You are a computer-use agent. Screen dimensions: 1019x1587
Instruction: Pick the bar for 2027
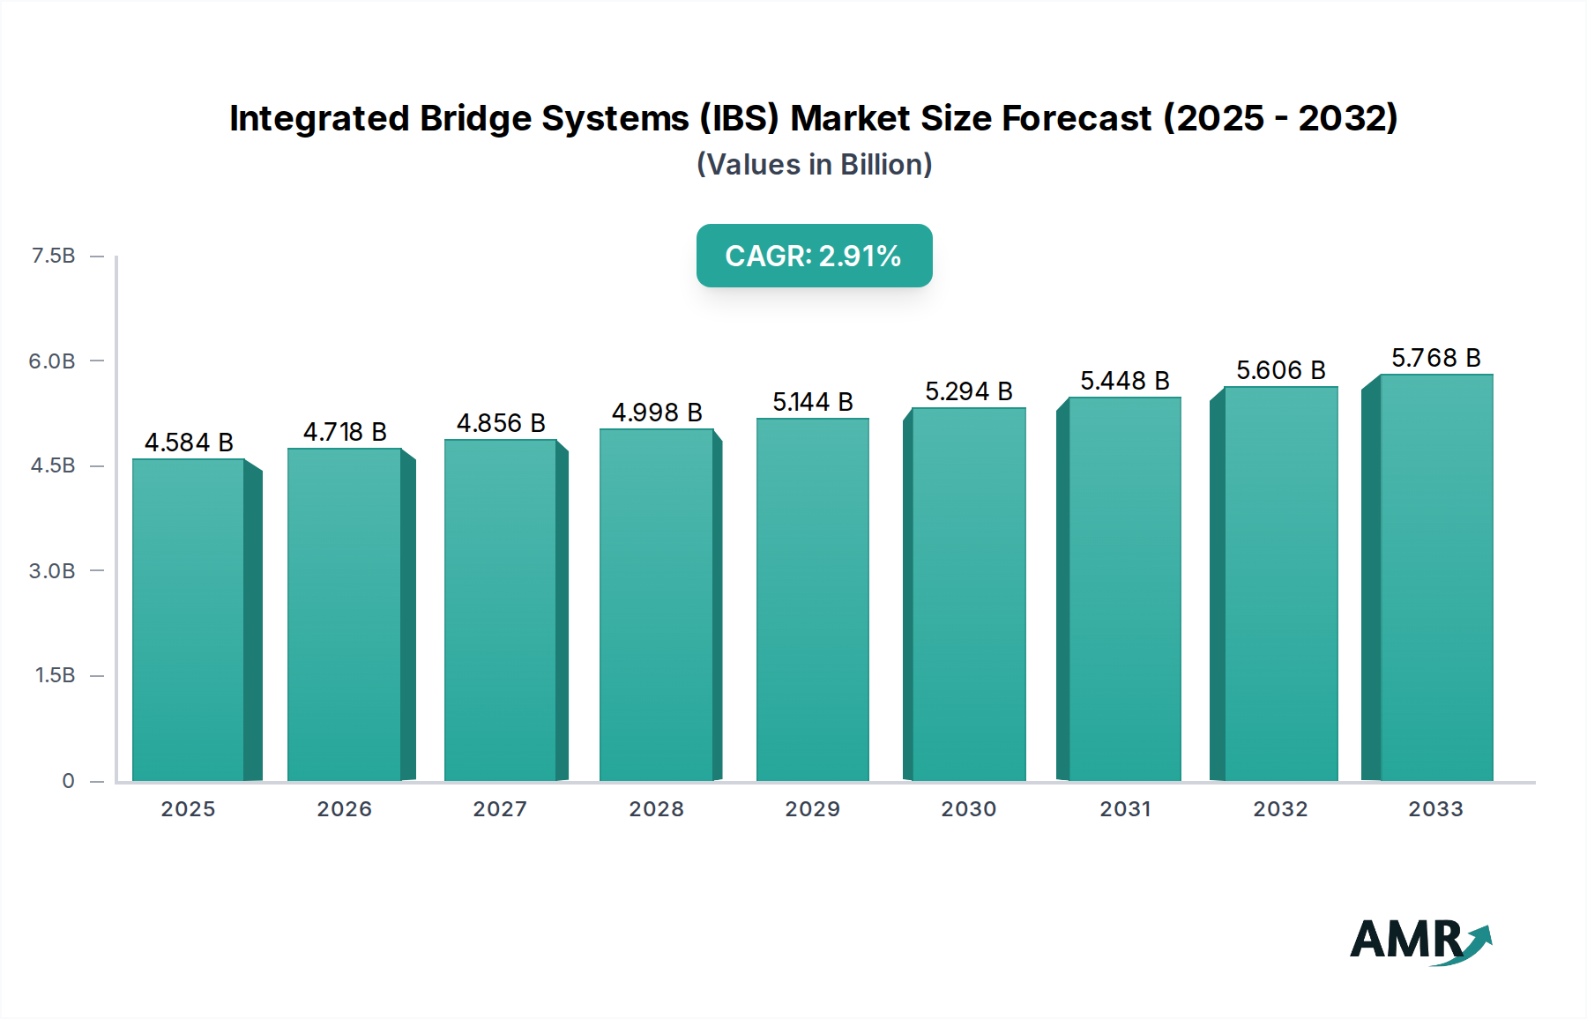[500, 610]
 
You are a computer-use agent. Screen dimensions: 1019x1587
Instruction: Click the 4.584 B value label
[189, 443]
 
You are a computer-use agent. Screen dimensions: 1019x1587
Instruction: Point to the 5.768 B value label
[1435, 358]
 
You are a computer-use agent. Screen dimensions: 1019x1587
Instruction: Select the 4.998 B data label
[657, 413]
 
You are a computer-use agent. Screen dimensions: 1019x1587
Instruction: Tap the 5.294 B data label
[968, 391]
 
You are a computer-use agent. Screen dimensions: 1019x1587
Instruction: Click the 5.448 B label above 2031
[1124, 381]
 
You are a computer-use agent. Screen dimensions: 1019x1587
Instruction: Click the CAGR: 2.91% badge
[814, 256]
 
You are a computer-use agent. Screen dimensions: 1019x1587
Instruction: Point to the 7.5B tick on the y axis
[53, 256]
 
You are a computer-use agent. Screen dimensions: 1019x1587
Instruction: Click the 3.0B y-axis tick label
[52, 570]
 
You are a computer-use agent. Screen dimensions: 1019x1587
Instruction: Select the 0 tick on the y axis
[68, 780]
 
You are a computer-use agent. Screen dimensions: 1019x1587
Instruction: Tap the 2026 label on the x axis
[344, 809]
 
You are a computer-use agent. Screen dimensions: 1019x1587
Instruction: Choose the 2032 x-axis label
[1280, 809]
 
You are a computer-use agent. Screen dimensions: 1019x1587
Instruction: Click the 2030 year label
[968, 809]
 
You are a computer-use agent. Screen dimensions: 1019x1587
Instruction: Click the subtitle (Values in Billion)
[814, 165]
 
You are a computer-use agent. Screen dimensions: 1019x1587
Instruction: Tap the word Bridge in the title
[475, 118]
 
